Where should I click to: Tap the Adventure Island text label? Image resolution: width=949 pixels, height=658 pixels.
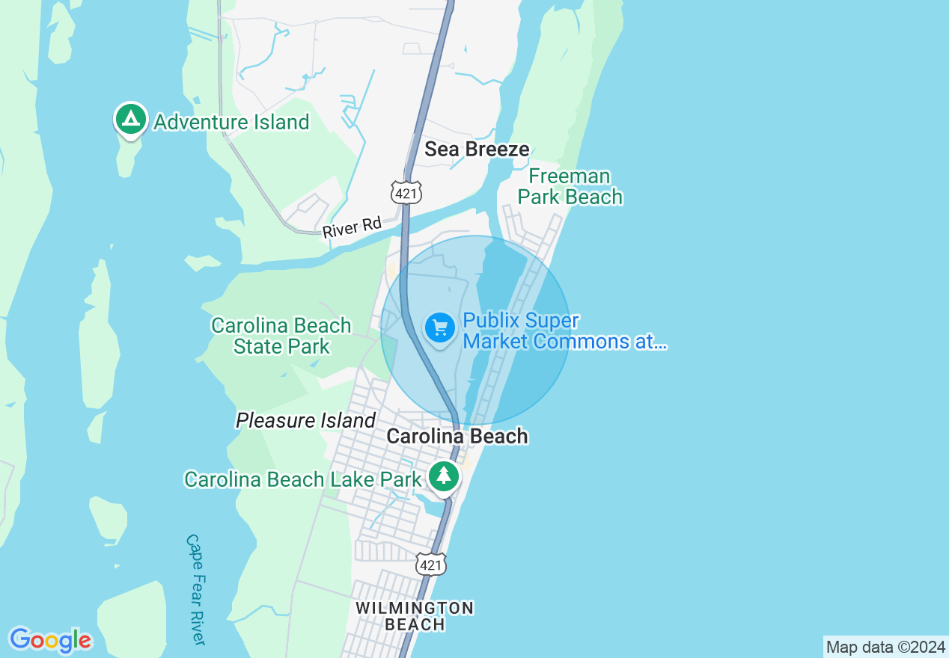(x=231, y=122)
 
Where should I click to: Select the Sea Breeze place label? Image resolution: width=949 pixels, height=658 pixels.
(x=477, y=149)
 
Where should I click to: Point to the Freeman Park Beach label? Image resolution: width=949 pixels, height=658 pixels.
(x=570, y=187)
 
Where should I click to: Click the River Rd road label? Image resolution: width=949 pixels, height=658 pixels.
(x=352, y=227)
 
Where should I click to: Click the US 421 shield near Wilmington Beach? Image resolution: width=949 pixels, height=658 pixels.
(x=431, y=565)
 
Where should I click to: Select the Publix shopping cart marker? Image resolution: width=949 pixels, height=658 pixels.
(x=440, y=328)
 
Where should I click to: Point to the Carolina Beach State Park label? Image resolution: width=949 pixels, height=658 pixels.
(x=281, y=336)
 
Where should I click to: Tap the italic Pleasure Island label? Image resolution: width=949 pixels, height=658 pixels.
(x=305, y=421)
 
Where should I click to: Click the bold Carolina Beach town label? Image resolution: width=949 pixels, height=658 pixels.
(x=457, y=436)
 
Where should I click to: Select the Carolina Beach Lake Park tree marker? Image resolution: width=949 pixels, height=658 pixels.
(x=444, y=476)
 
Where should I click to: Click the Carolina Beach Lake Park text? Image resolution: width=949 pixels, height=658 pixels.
(x=302, y=479)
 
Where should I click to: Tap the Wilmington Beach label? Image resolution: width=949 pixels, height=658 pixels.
(x=414, y=616)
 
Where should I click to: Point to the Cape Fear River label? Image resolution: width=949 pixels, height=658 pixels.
(x=195, y=589)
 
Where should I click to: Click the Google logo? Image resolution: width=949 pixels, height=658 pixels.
(x=50, y=640)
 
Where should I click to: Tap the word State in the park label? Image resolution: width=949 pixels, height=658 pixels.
(x=257, y=347)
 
